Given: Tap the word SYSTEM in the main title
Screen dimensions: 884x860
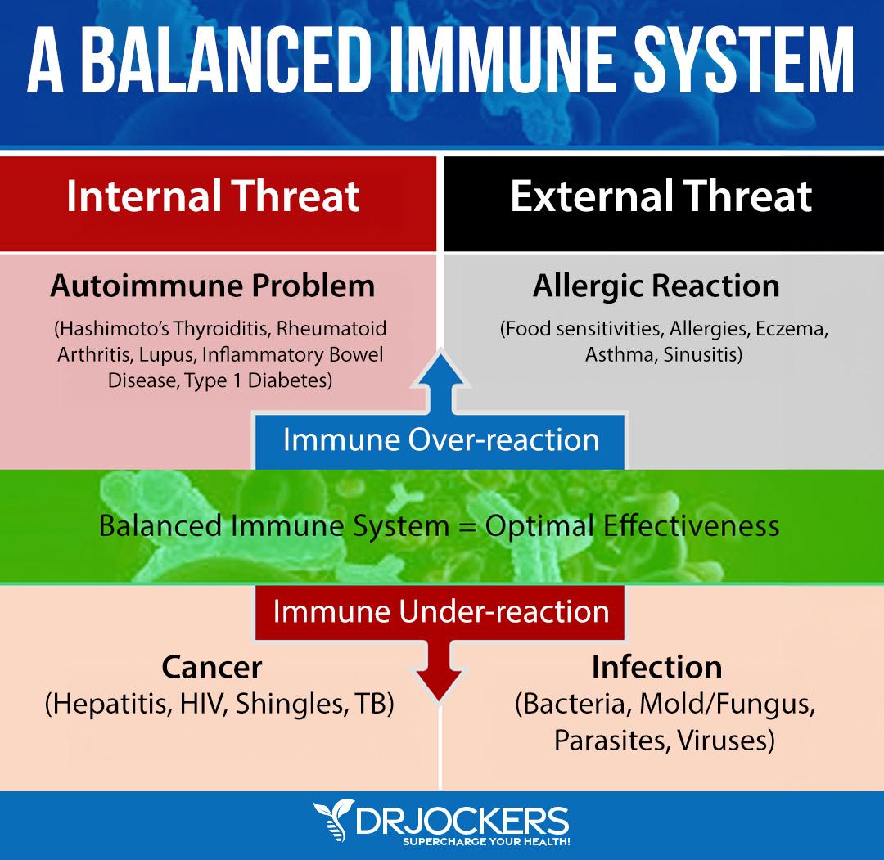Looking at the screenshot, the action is point(743,60).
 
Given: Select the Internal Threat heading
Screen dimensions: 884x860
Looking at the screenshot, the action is point(213,196).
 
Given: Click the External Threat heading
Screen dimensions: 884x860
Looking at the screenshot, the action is point(661,196).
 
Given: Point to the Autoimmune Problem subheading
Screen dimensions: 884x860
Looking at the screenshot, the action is point(213,286).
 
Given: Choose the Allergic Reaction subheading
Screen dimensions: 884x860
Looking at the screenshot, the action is point(656,286).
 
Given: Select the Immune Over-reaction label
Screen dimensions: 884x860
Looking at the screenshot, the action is point(441,440).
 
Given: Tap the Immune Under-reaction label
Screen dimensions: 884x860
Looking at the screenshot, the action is point(441,612).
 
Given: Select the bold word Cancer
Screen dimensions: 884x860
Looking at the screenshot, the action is point(211,668).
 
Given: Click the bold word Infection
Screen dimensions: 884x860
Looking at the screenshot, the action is point(656,668).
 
